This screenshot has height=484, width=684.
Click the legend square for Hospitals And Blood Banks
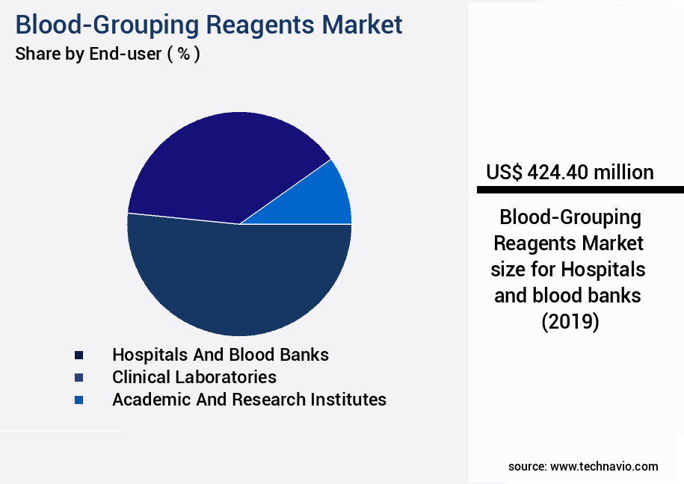tap(78, 355)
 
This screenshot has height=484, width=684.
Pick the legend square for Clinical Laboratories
tap(78, 377)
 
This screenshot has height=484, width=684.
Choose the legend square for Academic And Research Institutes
tap(78, 400)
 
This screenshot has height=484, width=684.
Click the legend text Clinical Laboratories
tap(194, 377)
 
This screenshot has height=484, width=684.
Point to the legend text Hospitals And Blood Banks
tap(221, 355)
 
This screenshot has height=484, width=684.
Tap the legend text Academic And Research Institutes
tap(249, 400)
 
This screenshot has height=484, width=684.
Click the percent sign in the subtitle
tap(182, 55)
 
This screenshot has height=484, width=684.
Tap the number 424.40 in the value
tap(558, 173)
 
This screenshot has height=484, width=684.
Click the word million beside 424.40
tap(623, 173)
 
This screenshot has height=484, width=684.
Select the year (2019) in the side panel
tap(570, 322)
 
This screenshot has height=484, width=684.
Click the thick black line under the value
tap(580, 190)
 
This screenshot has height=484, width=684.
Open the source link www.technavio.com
tap(604, 466)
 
